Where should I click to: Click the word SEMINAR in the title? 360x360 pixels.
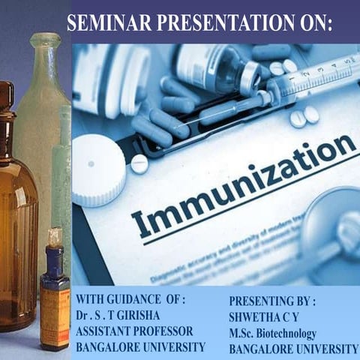(103, 22)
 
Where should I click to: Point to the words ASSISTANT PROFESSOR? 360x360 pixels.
(134, 331)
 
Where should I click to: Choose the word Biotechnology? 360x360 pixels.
(289, 333)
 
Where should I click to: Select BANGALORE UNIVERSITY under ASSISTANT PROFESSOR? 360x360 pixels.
(140, 346)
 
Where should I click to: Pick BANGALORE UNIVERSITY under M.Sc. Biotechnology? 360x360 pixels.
(293, 349)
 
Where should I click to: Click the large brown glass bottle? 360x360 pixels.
(16, 225)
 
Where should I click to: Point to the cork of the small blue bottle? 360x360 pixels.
(54, 238)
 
